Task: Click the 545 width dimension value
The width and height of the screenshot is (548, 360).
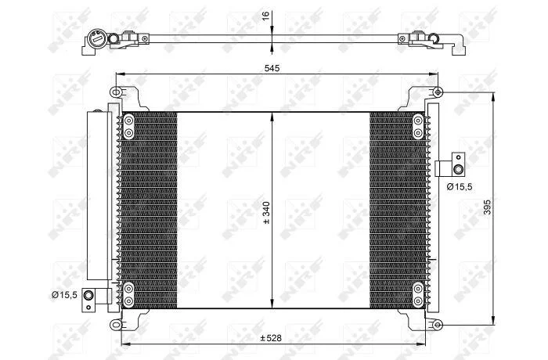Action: coord(272,68)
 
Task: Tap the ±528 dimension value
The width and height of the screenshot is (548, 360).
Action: coord(271,338)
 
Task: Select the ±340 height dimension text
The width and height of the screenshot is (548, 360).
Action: coord(267,213)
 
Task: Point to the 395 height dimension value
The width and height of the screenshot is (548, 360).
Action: coord(487,207)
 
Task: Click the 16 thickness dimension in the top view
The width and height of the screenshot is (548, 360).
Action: coord(266,16)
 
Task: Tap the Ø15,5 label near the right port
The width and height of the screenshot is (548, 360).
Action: coord(460,187)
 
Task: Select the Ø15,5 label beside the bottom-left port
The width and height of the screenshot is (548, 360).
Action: coord(64,295)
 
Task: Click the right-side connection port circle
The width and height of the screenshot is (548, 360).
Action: coord(458,170)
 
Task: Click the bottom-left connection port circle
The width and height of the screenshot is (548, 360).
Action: coord(88,295)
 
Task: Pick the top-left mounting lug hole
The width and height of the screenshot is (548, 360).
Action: coord(116,92)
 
